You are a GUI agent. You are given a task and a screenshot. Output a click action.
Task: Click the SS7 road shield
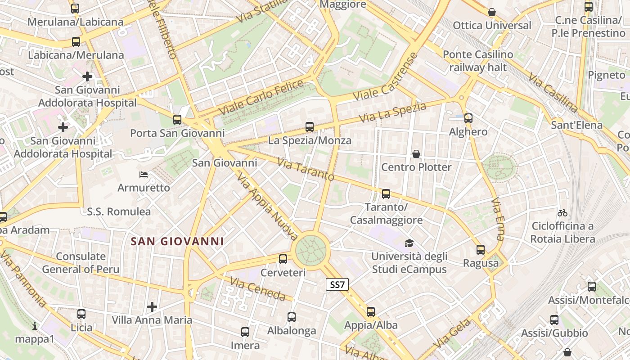[x=337, y=284]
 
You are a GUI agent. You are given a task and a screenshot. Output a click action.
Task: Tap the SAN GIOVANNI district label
[x=177, y=242]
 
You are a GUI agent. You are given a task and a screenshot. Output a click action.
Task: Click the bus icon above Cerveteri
[x=283, y=259]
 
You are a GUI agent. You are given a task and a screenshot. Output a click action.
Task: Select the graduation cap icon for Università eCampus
[x=409, y=243]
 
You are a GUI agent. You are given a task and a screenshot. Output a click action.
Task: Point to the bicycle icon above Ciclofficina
[x=562, y=213]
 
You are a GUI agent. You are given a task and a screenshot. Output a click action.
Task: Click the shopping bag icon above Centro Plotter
[x=416, y=154]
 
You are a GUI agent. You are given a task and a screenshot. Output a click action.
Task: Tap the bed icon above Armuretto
[x=144, y=174]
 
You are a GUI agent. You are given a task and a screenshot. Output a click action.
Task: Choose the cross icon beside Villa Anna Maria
[x=152, y=307]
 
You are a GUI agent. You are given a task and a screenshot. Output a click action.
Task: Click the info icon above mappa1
[x=35, y=325]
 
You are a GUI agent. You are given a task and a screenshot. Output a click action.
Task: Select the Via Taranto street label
[x=306, y=169]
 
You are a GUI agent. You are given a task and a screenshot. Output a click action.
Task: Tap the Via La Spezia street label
[x=392, y=113]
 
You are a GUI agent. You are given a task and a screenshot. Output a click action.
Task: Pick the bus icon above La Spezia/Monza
[x=309, y=127]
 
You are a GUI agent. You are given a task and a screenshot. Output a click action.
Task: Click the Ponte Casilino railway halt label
[x=477, y=61]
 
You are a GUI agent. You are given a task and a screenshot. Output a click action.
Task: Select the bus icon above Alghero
[x=468, y=118]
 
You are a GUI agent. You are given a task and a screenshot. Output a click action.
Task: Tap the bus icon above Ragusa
[x=481, y=250]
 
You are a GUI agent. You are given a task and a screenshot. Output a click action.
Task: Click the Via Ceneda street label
[x=257, y=289]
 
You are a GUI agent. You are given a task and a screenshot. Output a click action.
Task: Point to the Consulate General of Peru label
[x=81, y=263]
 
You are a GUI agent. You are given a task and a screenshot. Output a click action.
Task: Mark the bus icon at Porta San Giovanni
[x=177, y=120]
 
